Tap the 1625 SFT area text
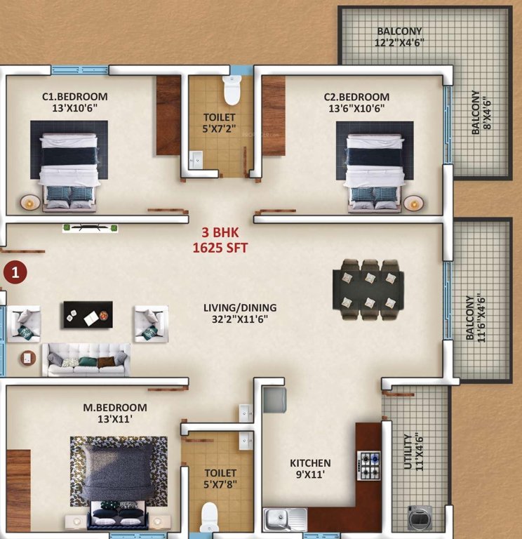(x=220, y=248)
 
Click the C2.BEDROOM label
(x=356, y=96)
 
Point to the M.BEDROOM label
(x=115, y=408)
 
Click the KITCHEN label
(x=310, y=463)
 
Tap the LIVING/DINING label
(x=240, y=307)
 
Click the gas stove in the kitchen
(x=369, y=465)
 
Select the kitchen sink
(x=285, y=519)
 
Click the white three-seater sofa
(x=87, y=359)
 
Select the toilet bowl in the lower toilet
(x=210, y=518)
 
